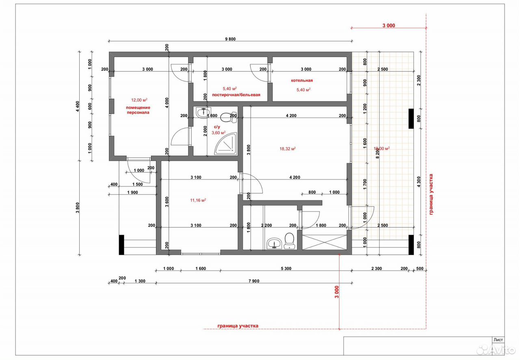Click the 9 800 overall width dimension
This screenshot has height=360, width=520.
click(x=230, y=39)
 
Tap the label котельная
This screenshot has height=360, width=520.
click(x=302, y=80)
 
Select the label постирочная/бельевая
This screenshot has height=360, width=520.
click(x=236, y=95)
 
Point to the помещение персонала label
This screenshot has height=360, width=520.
click(x=138, y=110)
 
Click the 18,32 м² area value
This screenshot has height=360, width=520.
click(x=288, y=149)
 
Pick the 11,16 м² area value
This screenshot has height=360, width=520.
click(x=198, y=200)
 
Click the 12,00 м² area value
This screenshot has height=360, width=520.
click(x=139, y=100)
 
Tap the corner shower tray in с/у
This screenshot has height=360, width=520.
click(x=226, y=144)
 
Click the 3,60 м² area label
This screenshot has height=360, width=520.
click(x=219, y=133)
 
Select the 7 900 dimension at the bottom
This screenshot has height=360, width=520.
click(x=254, y=281)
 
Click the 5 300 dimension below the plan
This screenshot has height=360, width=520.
click(x=286, y=269)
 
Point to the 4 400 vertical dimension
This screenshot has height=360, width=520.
click(x=78, y=106)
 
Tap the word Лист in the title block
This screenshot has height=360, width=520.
click(x=498, y=340)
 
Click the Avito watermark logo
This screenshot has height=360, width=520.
click(x=496, y=349)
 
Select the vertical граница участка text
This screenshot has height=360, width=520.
click(x=431, y=194)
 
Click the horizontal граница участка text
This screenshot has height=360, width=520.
click(x=238, y=326)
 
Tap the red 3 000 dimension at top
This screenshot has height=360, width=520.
click(x=389, y=26)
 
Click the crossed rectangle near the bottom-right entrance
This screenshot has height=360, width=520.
click(x=324, y=243)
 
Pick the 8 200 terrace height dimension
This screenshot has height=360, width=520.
click(x=377, y=153)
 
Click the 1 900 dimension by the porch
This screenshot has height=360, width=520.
click(x=132, y=192)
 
